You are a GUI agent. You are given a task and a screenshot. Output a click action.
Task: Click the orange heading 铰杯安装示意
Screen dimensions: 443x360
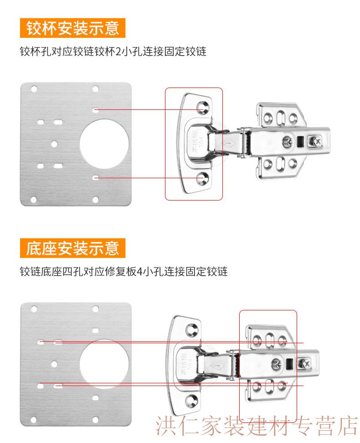pyautogui.click(x=72, y=28)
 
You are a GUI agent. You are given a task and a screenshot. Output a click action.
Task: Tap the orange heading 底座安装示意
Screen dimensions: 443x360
pyautogui.click(x=72, y=248)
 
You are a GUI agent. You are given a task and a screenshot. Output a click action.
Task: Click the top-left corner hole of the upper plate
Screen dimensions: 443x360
pyautogui.click(x=34, y=88)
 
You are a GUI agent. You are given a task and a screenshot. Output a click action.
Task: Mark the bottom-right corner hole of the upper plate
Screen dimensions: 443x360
pyautogui.click(x=95, y=199)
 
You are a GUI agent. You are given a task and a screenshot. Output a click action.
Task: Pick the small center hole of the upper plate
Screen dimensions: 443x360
pyautogui.click(x=54, y=144)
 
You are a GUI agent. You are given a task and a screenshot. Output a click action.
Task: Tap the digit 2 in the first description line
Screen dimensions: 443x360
pyautogui.click(x=118, y=52)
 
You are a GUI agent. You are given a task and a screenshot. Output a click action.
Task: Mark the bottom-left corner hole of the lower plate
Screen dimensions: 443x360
pyautogui.click(x=34, y=419)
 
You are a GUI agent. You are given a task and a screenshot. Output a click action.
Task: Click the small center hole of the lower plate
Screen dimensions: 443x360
pyautogui.click(x=54, y=364)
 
